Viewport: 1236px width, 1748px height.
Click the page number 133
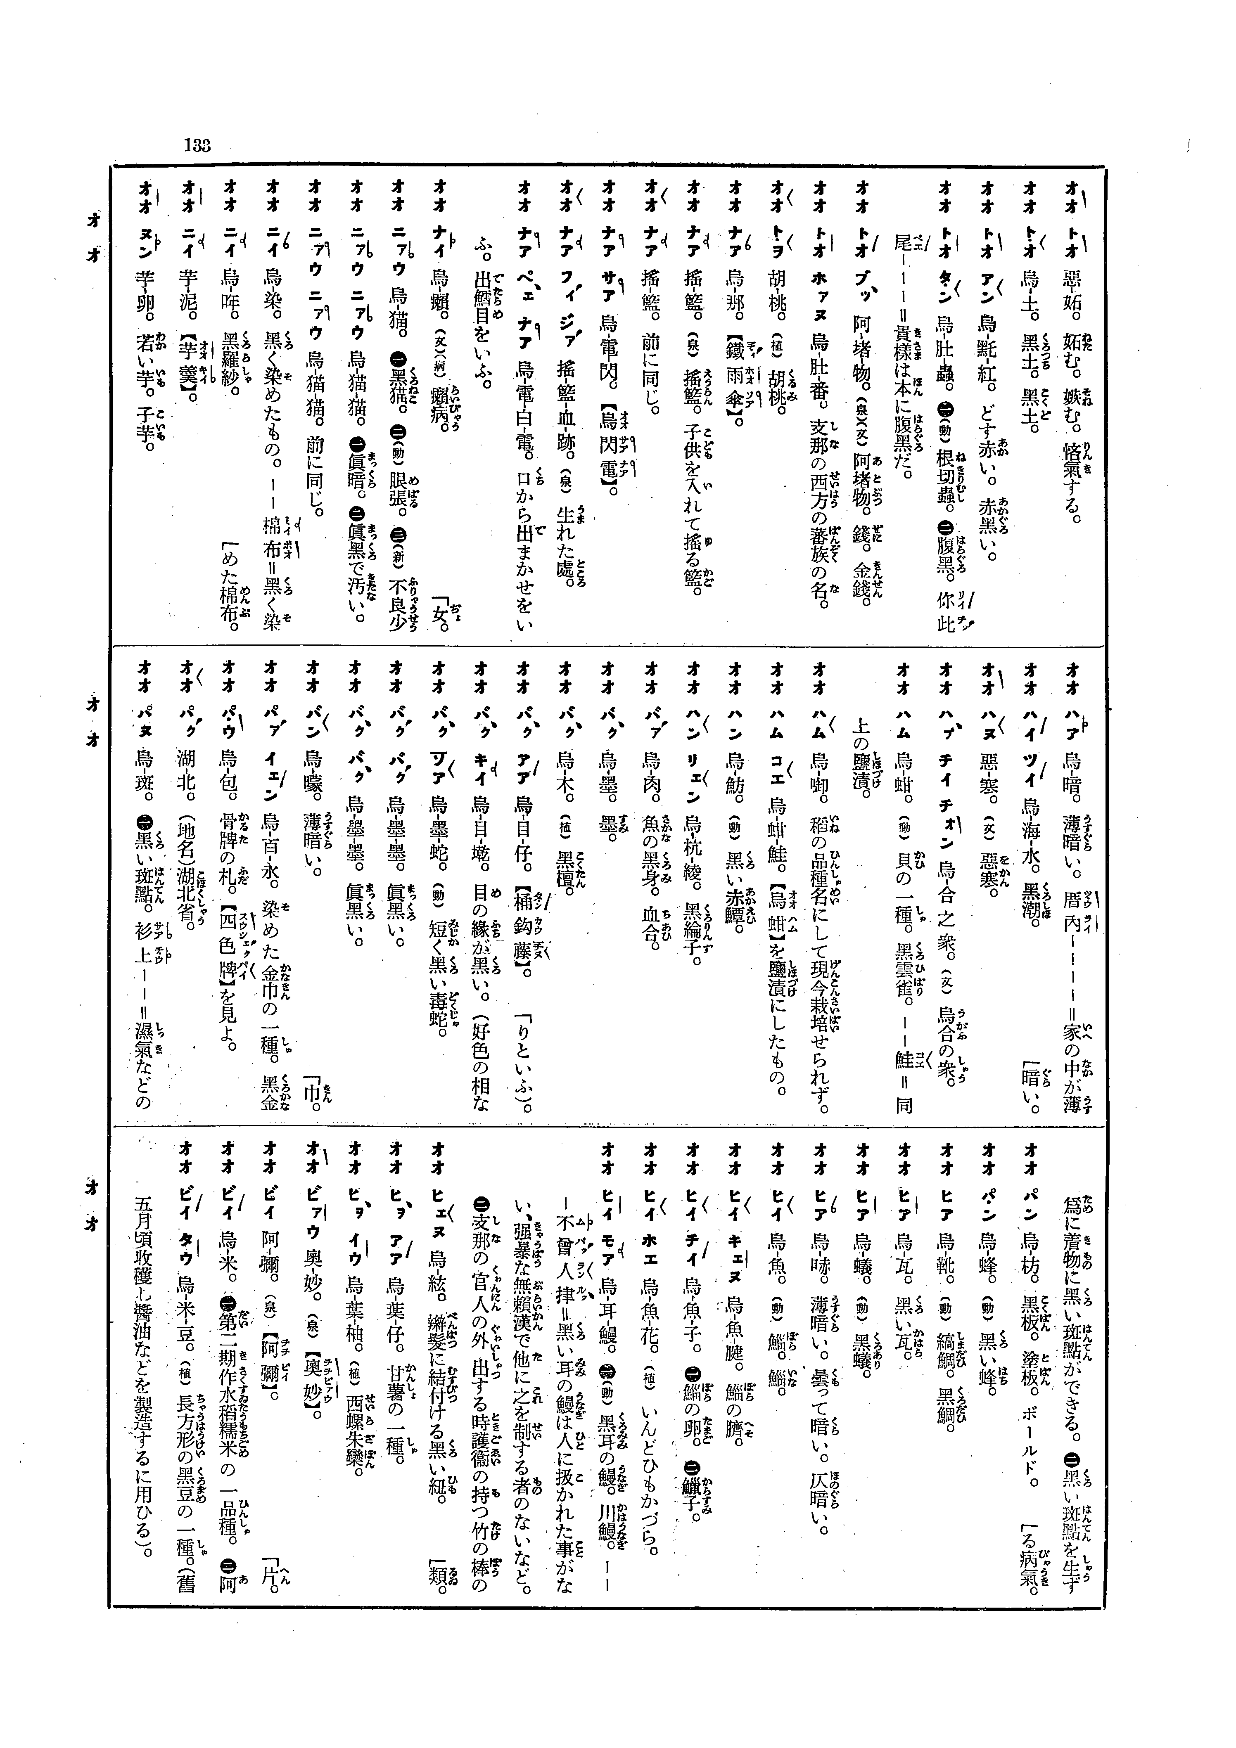[x=197, y=144]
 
